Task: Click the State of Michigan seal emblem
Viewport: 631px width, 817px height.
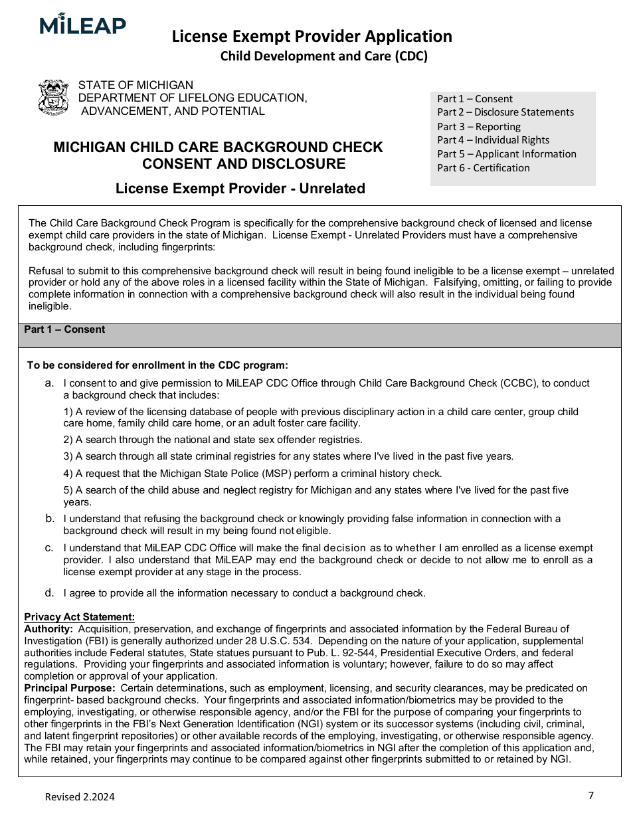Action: [54, 98]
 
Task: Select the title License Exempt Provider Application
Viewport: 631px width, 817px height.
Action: [312, 36]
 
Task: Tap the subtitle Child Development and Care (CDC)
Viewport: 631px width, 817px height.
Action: [323, 56]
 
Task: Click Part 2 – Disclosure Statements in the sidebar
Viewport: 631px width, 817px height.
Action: [505, 112]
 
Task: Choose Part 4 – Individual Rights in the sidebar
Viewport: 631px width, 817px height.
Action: [493, 140]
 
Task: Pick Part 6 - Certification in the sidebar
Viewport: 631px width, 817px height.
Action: [483, 168]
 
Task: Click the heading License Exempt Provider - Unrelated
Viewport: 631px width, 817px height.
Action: [240, 189]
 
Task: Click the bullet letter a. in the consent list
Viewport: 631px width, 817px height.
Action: [49, 383]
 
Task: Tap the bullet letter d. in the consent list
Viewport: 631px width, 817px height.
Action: [49, 592]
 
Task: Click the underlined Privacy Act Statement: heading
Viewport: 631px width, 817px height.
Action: [79, 617]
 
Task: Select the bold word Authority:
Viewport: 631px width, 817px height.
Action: [48, 628]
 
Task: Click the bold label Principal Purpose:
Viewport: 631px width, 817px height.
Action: [70, 687]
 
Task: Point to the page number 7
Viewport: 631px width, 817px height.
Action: [590, 795]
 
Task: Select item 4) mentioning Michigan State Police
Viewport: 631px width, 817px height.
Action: [252, 474]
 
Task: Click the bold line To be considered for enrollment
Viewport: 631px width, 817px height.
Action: [157, 365]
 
